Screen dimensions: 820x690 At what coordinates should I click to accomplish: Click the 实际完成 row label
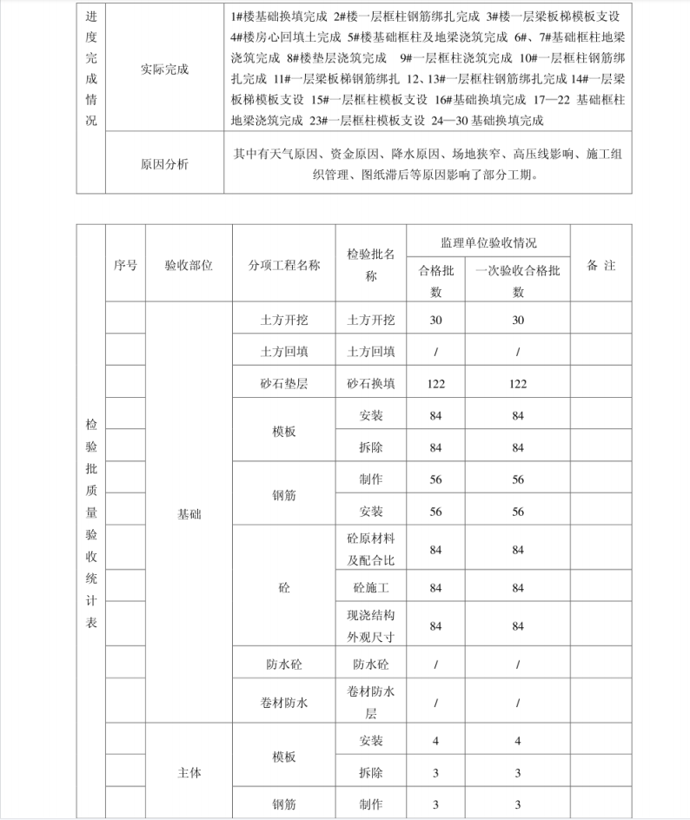click(164, 69)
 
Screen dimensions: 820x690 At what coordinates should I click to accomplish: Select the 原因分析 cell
click(164, 163)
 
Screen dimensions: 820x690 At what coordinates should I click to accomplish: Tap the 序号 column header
click(125, 266)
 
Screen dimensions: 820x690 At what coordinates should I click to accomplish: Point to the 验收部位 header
click(189, 266)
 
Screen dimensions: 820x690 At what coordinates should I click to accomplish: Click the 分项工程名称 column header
click(284, 266)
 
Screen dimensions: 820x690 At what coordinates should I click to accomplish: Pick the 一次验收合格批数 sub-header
click(518, 281)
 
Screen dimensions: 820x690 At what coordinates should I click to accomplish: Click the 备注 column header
click(601, 266)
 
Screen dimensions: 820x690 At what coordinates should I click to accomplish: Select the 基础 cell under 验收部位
click(189, 514)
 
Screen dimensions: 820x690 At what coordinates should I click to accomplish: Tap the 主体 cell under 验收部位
click(189, 772)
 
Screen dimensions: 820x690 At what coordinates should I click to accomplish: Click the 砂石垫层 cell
click(284, 383)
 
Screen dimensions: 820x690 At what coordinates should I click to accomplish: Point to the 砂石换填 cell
click(371, 383)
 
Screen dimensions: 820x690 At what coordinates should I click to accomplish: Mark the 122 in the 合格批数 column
click(436, 383)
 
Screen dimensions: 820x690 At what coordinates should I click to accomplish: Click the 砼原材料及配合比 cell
click(371, 549)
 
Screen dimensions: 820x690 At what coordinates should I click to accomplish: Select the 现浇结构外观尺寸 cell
click(371, 626)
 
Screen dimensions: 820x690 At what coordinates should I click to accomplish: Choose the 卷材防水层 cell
click(371, 703)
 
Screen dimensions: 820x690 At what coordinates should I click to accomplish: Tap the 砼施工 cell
click(371, 588)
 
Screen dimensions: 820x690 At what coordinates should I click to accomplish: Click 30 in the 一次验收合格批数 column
click(518, 320)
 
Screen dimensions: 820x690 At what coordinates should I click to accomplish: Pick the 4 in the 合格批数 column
click(436, 741)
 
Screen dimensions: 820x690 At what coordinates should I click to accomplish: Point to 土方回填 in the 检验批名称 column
click(371, 352)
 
